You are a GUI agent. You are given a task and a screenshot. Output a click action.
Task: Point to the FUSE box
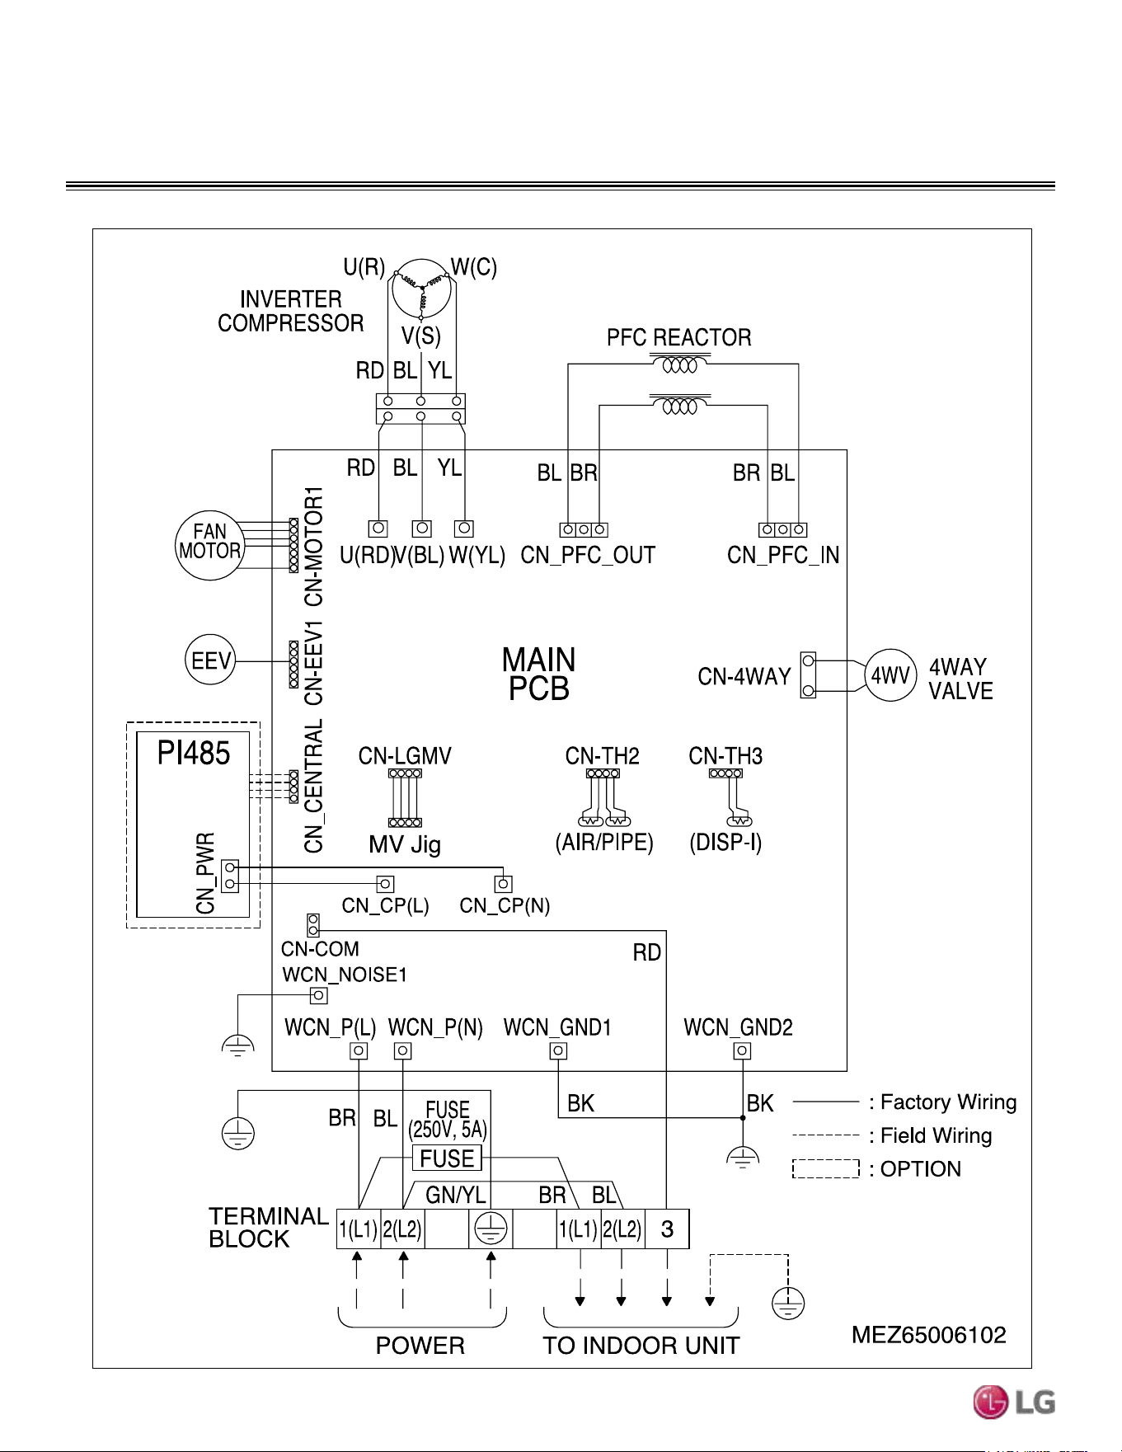447,1158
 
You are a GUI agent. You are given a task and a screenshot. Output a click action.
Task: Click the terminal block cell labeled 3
667,1229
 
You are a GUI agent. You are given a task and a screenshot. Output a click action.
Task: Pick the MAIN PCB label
539,674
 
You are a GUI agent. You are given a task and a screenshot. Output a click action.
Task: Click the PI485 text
194,753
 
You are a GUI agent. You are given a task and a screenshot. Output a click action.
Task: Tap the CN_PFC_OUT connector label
588,556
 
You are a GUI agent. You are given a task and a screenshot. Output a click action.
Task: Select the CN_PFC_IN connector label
783,556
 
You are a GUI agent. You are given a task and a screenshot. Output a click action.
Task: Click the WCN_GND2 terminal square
742,1050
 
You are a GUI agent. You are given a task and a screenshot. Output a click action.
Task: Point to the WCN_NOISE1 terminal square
318,995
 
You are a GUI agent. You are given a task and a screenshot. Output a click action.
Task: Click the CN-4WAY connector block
808,675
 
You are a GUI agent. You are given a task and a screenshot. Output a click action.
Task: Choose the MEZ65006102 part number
929,1335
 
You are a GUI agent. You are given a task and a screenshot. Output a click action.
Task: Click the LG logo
1014,1403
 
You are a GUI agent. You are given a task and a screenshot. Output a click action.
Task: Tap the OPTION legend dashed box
826,1169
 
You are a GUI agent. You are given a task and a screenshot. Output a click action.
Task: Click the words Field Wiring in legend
937,1136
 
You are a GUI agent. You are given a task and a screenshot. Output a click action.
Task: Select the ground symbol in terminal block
491,1229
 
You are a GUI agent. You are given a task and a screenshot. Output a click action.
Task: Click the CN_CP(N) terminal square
503,884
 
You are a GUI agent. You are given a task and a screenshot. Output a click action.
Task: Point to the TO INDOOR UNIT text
641,1346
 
